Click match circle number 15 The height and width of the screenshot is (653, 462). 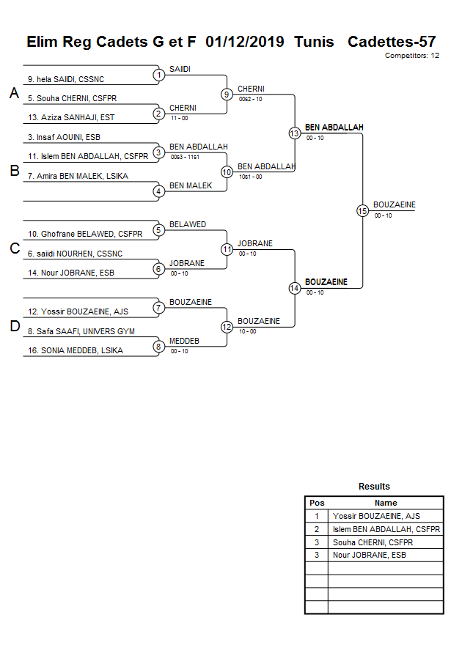[x=362, y=210]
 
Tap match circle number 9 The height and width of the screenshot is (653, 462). [x=227, y=94]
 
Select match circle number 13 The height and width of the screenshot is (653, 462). [x=294, y=133]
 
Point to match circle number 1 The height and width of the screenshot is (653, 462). [x=158, y=75]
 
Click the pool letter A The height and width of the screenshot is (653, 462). [x=14, y=93]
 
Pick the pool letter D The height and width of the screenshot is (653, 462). [x=14, y=326]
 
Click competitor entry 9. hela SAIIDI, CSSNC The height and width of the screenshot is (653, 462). [x=71, y=79]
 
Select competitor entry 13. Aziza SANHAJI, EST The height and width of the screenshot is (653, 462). [x=70, y=117]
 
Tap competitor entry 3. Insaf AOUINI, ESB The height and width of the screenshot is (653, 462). [x=63, y=137]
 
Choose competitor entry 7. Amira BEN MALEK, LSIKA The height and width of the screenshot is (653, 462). [x=77, y=176]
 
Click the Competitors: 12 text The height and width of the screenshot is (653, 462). [x=411, y=55]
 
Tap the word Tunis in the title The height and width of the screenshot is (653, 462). [x=314, y=41]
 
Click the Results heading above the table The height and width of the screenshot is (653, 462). [x=374, y=487]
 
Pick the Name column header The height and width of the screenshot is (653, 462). [x=386, y=503]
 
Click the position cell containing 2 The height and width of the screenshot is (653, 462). [x=316, y=529]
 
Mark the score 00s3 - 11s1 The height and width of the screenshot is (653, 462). [x=184, y=157]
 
